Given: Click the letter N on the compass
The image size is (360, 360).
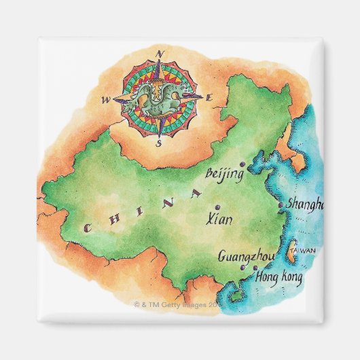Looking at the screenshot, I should coord(160,53).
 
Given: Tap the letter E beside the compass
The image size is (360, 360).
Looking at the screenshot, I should coord(210,99).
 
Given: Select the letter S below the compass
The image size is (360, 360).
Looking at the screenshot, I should coord(158,143).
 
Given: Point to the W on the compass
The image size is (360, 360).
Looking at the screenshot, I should coord(106,101).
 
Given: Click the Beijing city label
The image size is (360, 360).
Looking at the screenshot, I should coord(224,174).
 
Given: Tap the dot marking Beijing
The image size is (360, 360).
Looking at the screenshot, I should coord(242,164).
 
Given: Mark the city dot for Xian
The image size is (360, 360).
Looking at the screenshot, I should coord(217,206).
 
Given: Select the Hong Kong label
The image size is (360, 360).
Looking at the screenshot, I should coord(278,277).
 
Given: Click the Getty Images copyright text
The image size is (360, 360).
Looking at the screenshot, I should coord(178,306).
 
